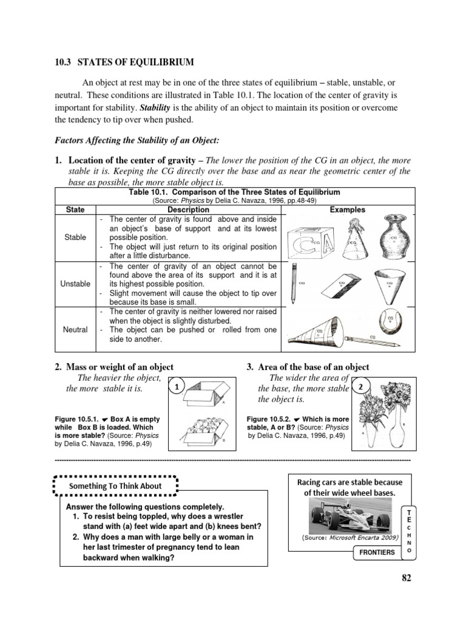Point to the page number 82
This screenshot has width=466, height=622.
(406, 578)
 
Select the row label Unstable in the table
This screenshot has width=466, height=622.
(75, 284)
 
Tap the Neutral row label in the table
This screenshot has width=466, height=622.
(75, 329)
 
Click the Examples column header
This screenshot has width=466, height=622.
(347, 209)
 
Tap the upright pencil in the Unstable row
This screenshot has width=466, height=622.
(294, 284)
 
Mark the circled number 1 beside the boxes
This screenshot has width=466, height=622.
(175, 386)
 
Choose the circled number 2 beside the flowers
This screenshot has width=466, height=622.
(360, 386)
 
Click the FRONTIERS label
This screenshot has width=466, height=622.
(376, 552)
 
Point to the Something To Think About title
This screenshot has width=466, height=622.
(115, 485)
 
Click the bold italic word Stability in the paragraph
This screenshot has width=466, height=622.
(157, 108)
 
